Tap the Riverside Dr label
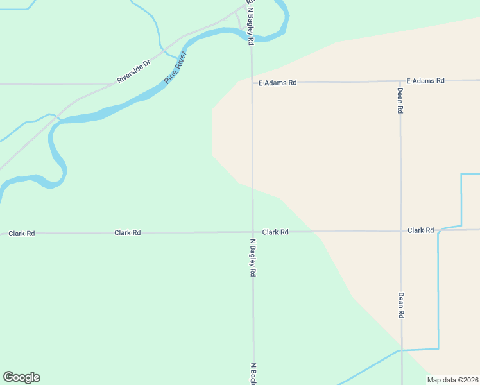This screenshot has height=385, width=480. [133, 71]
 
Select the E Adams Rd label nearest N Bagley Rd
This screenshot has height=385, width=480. [277, 83]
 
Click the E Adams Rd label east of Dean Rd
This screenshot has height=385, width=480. [425, 81]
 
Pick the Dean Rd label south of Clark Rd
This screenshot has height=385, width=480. [401, 305]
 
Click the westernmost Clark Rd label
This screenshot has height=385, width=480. [21, 234]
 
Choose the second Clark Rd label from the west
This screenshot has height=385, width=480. [127, 232]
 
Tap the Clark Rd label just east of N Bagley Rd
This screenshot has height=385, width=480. [275, 232]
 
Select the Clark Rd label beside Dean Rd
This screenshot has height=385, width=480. [420, 230]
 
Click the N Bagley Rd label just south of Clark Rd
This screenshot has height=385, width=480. [253, 258]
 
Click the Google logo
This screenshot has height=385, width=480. [21, 377]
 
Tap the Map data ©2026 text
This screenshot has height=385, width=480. [452, 380]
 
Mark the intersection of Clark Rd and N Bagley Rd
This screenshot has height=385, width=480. [252, 232]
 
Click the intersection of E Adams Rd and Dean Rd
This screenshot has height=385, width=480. [400, 81]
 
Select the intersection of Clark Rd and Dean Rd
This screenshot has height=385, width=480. [401, 230]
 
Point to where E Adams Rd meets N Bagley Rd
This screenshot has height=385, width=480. [252, 83]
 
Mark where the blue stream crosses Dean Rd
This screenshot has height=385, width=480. [402, 350]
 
